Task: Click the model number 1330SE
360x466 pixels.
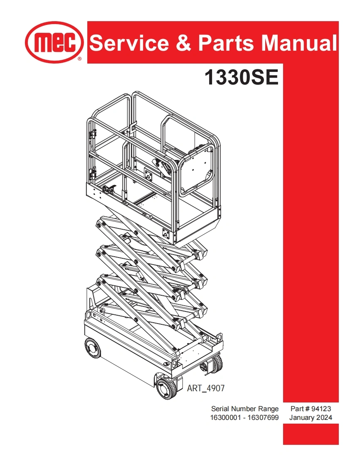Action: point(241,78)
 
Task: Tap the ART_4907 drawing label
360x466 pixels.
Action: point(206,388)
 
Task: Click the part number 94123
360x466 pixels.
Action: point(321,409)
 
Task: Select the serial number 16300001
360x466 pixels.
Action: point(228,418)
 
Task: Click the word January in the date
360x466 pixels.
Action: point(303,418)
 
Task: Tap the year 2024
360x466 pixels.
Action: point(325,418)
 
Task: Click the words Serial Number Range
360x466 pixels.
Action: point(245,409)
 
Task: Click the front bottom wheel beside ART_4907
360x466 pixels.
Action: point(167,389)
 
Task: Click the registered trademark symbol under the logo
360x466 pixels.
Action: point(79,60)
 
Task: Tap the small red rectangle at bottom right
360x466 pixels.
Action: point(311,434)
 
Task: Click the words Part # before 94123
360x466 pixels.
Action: point(300,409)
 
